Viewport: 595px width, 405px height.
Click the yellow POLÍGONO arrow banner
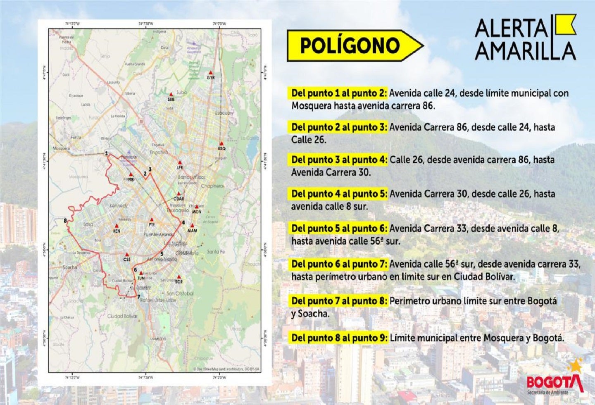point(355,45)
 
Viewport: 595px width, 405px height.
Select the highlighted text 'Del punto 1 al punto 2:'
point(339,93)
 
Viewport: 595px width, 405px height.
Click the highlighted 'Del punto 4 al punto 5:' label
point(339,194)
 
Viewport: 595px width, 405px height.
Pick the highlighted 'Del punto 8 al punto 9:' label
point(339,338)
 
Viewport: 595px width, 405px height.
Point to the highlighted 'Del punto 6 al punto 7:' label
point(339,264)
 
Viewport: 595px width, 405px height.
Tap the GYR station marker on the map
point(211,72)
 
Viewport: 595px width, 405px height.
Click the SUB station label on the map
point(171,100)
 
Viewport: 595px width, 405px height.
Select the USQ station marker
point(221,143)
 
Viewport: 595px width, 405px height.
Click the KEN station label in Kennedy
point(117,231)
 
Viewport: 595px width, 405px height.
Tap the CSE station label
point(127,260)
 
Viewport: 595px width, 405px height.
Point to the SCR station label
point(178,282)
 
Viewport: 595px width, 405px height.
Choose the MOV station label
point(197,212)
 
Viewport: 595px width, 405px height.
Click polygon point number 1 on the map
point(107,153)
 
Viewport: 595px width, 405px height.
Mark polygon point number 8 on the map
point(65,221)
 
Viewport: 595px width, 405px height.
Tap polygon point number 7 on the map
point(138,296)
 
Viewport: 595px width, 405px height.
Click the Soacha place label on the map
point(70,267)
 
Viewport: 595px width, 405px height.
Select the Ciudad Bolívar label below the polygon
point(122,316)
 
